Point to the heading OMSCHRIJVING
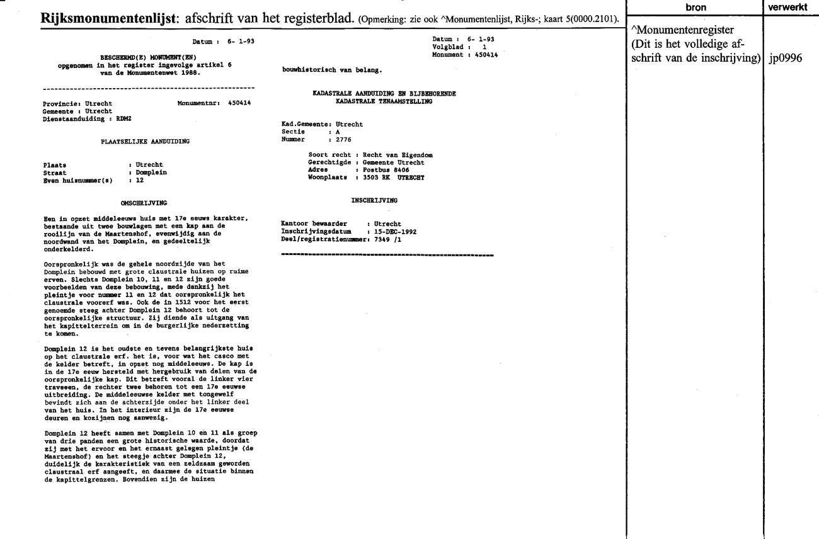(x=144, y=203)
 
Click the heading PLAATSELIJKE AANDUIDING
(x=145, y=142)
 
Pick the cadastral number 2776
(x=344, y=139)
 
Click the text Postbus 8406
(x=386, y=170)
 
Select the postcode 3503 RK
(x=376, y=178)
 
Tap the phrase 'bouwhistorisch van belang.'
(x=332, y=69)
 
